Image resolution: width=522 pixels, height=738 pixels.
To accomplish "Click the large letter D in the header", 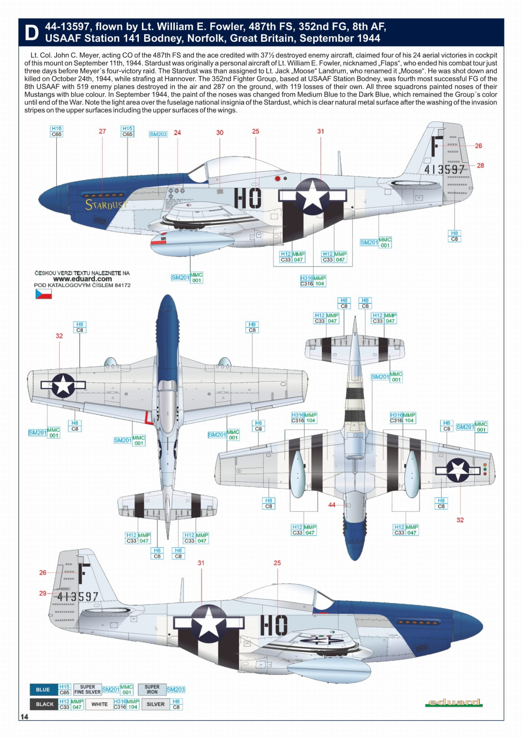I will (32, 33).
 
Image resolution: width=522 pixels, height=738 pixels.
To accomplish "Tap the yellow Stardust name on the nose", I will (106, 205).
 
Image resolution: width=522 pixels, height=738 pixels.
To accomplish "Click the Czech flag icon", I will (44, 294).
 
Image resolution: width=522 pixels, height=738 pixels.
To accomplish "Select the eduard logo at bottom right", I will (454, 702).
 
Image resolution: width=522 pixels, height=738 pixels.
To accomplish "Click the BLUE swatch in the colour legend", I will (43, 690).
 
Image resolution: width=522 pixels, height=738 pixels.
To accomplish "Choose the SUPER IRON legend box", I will (152, 690).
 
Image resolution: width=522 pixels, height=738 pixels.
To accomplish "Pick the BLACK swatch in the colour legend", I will (44, 704).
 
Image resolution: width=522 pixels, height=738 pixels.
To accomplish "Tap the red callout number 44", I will (332, 505).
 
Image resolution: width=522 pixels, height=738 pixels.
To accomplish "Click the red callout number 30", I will (220, 133).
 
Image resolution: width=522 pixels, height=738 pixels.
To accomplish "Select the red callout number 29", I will (43, 593).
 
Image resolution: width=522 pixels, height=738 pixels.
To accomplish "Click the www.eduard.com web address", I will (82, 279).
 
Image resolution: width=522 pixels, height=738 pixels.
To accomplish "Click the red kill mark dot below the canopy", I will (278, 178).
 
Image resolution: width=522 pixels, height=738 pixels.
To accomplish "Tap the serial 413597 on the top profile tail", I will (444, 169).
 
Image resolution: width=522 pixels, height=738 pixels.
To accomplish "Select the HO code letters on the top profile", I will (248, 198).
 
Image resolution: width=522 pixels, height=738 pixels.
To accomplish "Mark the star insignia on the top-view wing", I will (63, 385).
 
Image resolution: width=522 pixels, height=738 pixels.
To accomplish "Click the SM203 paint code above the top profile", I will (158, 134).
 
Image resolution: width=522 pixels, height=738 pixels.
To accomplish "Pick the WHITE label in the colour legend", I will (99, 704).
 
